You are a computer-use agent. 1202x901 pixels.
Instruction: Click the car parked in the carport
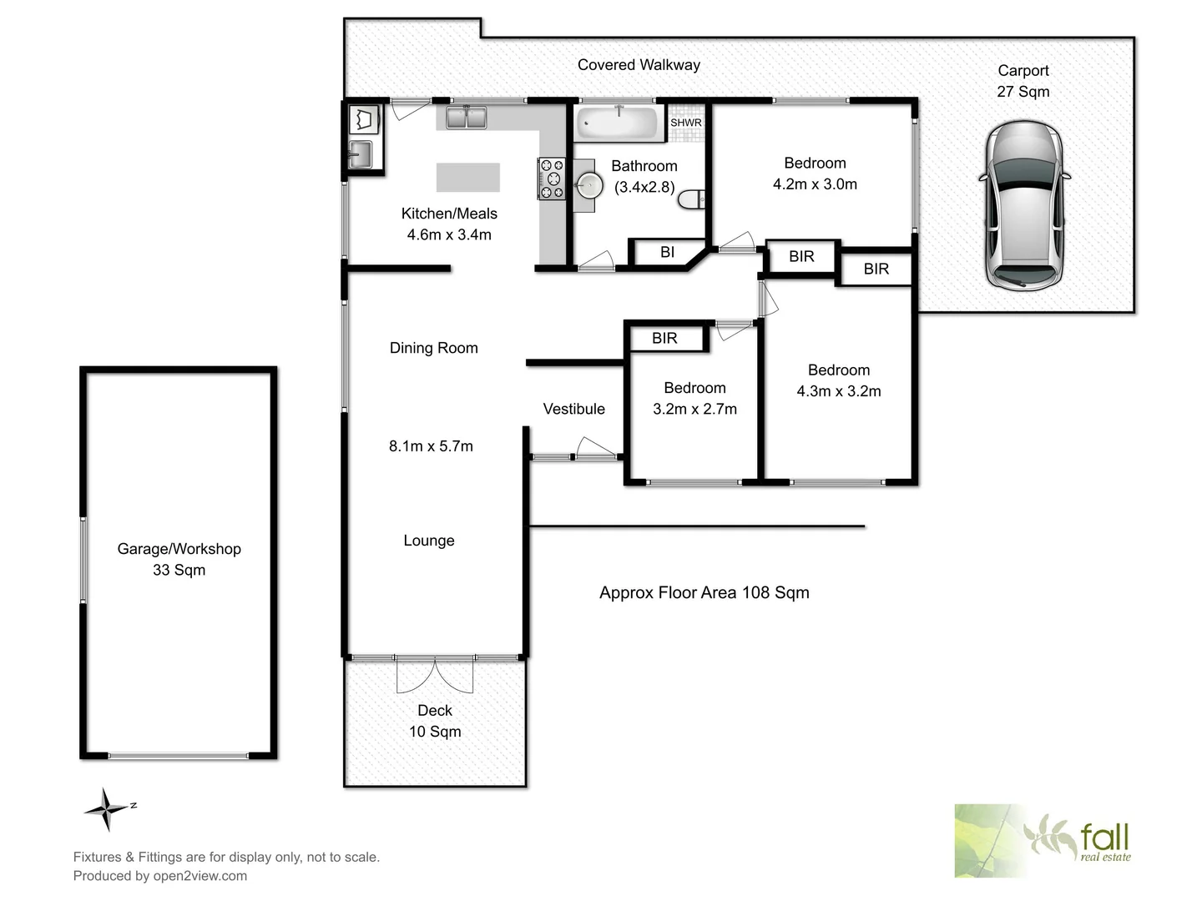click(1023, 205)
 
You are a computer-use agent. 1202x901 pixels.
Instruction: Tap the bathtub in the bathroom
click(618, 124)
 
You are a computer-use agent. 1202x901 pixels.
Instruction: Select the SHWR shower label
click(686, 123)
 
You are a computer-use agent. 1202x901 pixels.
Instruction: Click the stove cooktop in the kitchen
click(552, 179)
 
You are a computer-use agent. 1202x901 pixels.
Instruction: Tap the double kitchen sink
click(466, 118)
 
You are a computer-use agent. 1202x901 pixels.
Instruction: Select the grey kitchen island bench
click(467, 178)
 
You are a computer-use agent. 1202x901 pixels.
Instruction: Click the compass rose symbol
click(107, 808)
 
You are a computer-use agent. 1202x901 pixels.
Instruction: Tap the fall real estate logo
click(1043, 840)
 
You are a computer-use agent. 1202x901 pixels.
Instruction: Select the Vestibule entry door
click(595, 450)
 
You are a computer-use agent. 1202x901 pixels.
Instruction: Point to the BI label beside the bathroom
click(667, 252)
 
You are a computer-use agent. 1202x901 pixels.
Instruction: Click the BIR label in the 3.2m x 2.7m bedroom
click(664, 338)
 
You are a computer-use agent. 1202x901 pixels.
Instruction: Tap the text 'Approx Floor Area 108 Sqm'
click(704, 592)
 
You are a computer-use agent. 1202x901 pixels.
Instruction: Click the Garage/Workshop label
click(179, 549)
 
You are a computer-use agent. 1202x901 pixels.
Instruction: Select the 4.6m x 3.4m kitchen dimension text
click(449, 234)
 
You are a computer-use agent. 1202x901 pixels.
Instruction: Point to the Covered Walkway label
click(639, 65)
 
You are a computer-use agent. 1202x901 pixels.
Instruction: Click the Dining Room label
click(433, 348)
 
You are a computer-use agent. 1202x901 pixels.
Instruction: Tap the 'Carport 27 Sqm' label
click(1023, 81)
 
